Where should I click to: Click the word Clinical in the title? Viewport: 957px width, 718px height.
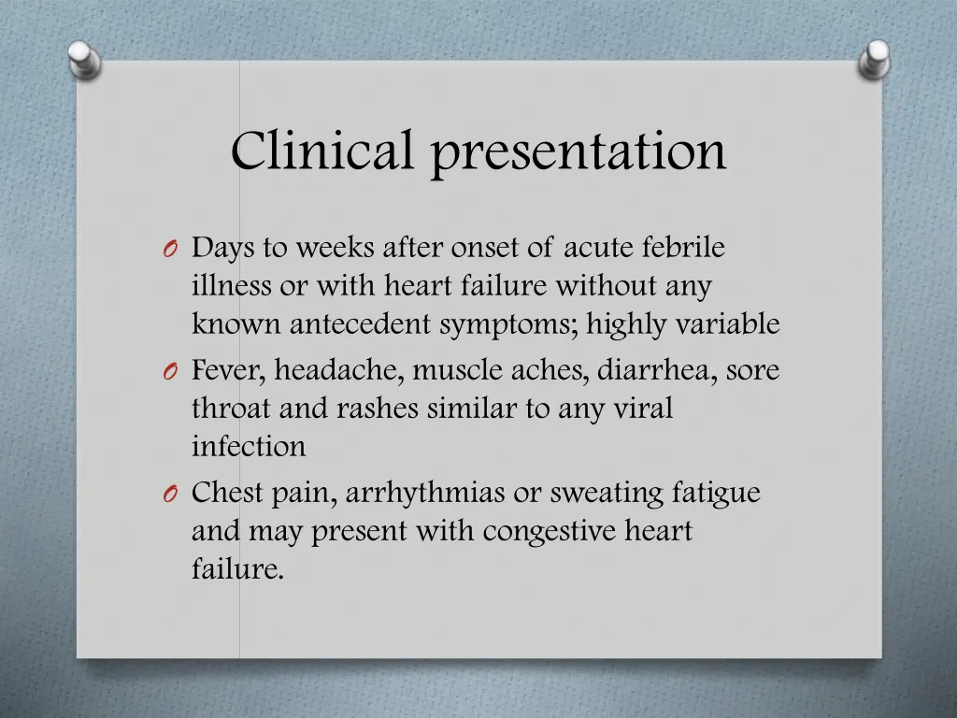321,150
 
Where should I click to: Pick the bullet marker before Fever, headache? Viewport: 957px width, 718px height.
168,372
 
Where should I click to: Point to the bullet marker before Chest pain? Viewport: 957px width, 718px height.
168,495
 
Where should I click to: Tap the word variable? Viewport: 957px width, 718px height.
729,324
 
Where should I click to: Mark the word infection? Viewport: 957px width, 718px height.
249,447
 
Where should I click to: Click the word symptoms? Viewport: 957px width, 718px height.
499,325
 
